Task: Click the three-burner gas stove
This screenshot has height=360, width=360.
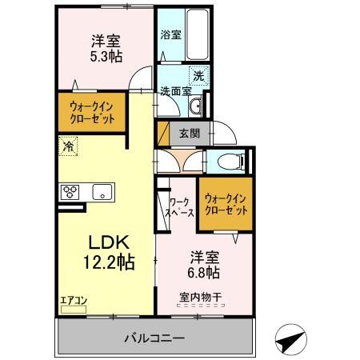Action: (70, 191)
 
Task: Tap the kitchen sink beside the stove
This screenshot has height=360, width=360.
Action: (102, 191)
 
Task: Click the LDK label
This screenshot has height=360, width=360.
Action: (103, 242)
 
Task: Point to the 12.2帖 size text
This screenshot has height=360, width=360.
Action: (106, 262)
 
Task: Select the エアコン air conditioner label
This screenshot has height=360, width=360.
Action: (74, 301)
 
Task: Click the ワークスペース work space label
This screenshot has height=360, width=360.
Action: (180, 208)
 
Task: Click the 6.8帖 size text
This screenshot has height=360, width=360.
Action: (205, 273)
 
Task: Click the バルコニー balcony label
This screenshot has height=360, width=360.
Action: (154, 338)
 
